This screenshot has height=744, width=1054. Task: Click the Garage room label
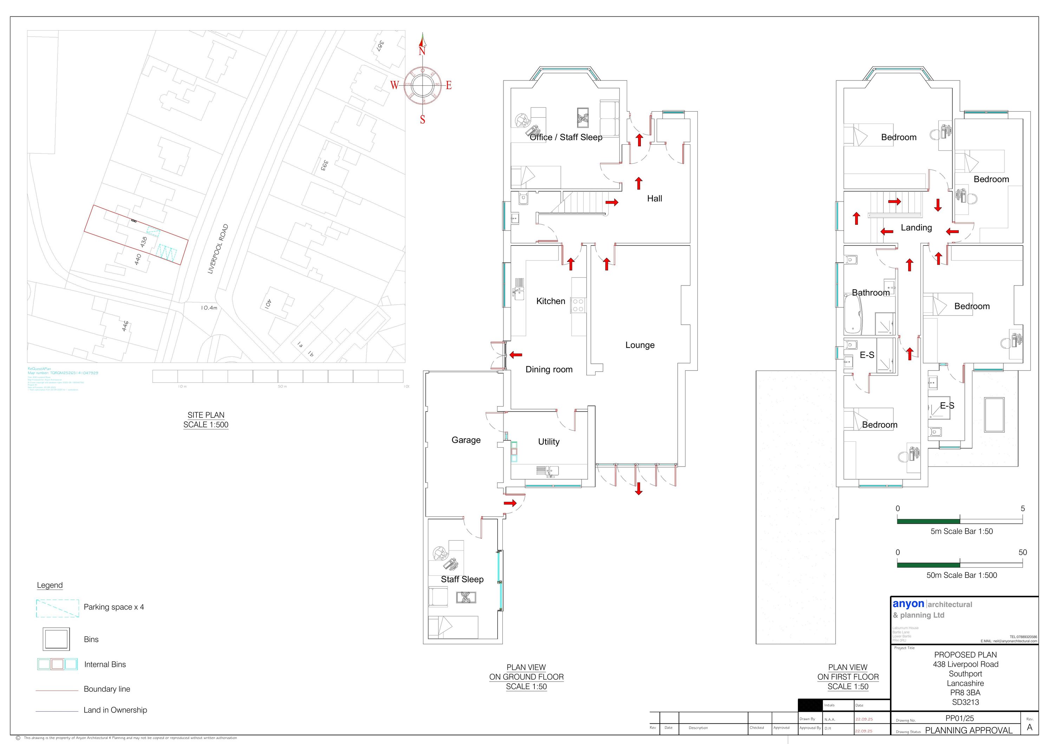(466, 440)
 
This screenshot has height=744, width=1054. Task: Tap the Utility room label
(548, 442)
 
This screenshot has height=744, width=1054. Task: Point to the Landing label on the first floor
(916, 228)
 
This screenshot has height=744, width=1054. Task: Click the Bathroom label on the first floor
(870, 292)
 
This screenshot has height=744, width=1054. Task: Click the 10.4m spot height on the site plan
(209, 308)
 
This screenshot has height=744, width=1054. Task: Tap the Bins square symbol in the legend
(57, 639)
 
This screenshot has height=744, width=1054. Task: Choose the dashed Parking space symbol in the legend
(57, 608)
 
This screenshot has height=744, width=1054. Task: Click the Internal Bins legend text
(105, 665)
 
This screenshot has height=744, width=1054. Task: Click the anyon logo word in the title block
(908, 604)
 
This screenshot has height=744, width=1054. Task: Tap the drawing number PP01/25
(959, 718)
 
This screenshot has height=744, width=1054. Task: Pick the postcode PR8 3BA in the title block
(965, 693)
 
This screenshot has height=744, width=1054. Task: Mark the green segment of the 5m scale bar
(928, 521)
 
